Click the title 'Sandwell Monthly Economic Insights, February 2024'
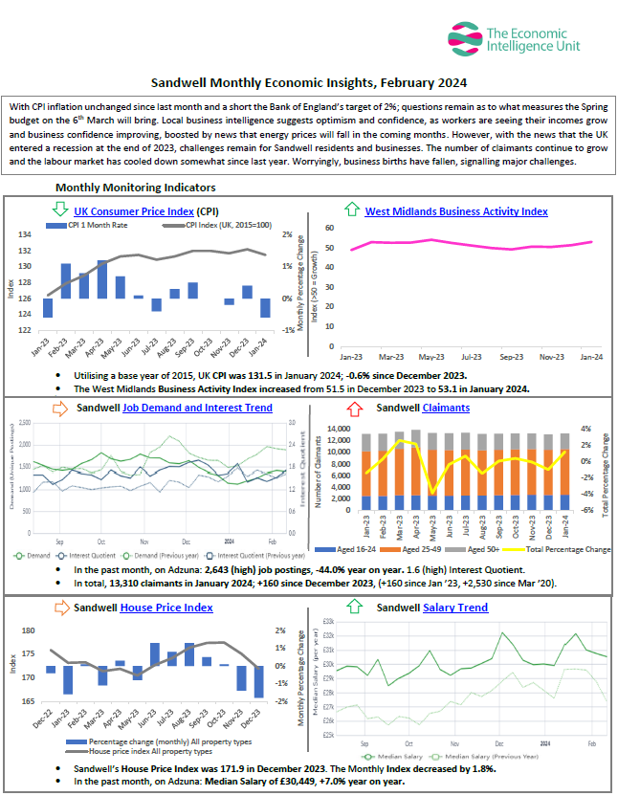(x=309, y=83)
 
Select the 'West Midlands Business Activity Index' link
(x=456, y=211)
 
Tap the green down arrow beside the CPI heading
(x=60, y=210)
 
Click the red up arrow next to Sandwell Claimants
(x=355, y=409)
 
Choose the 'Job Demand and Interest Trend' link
(x=197, y=409)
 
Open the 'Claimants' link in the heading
(x=446, y=409)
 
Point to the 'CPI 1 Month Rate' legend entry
(x=99, y=226)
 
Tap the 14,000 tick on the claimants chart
(x=340, y=428)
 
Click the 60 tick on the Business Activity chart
(x=328, y=228)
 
